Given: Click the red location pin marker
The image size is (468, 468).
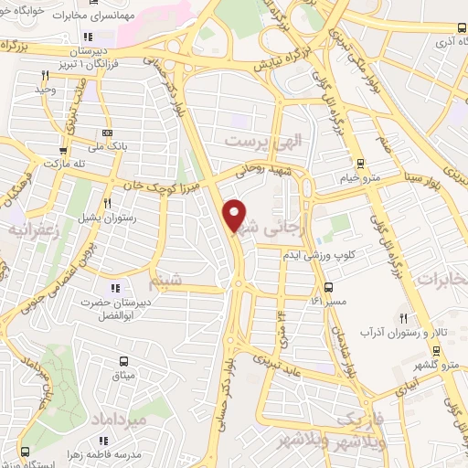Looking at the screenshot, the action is pos(236,215).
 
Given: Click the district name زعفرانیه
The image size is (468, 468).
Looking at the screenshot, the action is pos(32,230).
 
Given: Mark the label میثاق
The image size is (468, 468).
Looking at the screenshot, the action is pos(122,375).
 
